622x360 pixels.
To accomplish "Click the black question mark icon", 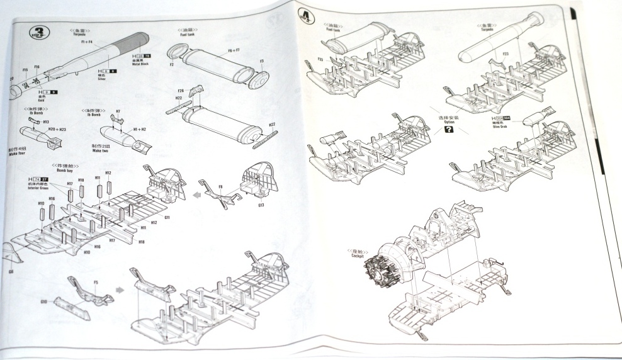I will click(x=448, y=130).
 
